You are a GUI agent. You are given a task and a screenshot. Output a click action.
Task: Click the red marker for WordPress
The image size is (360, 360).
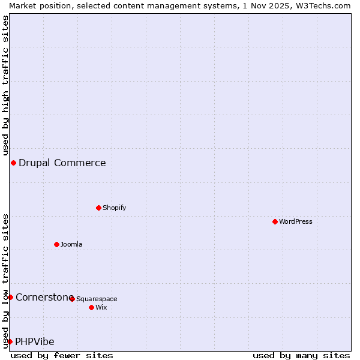(x=275, y=221)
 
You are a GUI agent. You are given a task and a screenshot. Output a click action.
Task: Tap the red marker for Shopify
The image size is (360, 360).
(x=98, y=208)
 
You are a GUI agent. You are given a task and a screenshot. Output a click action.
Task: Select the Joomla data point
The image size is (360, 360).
(x=56, y=244)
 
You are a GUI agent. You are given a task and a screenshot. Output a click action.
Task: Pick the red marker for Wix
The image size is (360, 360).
(x=91, y=307)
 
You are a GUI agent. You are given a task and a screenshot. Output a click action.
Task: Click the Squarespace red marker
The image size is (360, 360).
(x=72, y=299)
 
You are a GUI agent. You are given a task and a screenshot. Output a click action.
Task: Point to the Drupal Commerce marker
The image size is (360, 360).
(x=13, y=163)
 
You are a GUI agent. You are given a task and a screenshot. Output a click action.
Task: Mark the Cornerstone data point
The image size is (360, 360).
(x=10, y=297)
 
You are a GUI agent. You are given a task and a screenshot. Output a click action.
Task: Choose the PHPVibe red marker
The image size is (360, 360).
(x=10, y=341)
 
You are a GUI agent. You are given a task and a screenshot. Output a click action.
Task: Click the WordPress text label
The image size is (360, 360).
(x=296, y=221)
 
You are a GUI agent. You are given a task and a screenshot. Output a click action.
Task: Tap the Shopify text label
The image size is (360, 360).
(x=115, y=208)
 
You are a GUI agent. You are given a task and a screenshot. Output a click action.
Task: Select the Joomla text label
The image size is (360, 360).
(x=71, y=244)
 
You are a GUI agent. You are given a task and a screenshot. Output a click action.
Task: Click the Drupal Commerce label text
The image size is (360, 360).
(x=62, y=163)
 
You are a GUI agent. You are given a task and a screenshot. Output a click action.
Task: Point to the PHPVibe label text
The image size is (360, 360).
(x=35, y=341)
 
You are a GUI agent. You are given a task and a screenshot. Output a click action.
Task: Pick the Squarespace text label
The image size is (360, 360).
(x=97, y=299)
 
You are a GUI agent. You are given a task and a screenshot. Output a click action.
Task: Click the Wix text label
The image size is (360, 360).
(x=101, y=307)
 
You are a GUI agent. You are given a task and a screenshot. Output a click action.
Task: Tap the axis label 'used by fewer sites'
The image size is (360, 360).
(x=62, y=355)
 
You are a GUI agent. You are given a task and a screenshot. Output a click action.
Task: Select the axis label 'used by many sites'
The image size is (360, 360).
(x=301, y=355)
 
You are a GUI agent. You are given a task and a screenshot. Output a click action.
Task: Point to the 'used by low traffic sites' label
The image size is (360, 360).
(x=5, y=280)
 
